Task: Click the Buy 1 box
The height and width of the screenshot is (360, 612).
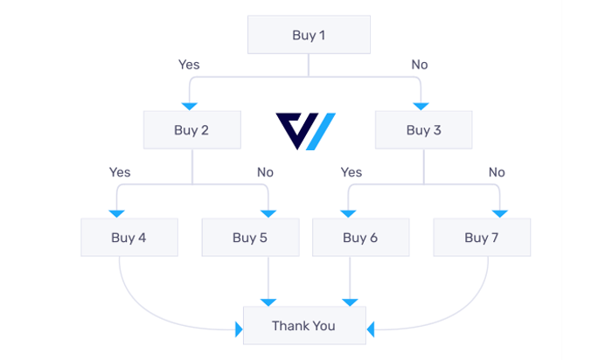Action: click(x=309, y=36)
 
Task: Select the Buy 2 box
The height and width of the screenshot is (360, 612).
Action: click(x=191, y=131)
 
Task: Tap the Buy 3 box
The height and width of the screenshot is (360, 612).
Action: click(x=424, y=131)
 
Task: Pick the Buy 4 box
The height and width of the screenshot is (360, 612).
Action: click(x=129, y=237)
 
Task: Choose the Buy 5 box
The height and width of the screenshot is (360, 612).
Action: click(x=250, y=237)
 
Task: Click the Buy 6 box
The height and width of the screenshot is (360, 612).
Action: click(x=360, y=237)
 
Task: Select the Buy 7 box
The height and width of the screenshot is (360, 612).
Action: click(x=482, y=237)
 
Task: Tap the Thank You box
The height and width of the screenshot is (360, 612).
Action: click(x=303, y=326)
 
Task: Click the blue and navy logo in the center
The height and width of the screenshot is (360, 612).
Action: click(x=306, y=131)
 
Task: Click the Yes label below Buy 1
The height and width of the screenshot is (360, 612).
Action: click(x=189, y=65)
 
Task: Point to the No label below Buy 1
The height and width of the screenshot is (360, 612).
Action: click(x=421, y=65)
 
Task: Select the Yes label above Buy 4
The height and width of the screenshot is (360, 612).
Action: click(x=120, y=172)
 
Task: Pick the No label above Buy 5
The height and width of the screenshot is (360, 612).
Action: click(x=265, y=172)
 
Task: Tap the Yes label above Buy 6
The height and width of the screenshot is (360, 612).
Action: click(x=351, y=172)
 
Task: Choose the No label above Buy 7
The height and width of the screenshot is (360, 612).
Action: click(x=497, y=172)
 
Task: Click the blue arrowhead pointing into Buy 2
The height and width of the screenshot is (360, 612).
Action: click(x=188, y=107)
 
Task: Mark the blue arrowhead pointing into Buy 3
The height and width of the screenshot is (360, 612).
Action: click(x=421, y=107)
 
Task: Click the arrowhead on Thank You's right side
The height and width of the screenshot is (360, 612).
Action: click(x=371, y=329)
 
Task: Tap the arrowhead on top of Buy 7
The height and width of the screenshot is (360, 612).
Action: click(x=500, y=213)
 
